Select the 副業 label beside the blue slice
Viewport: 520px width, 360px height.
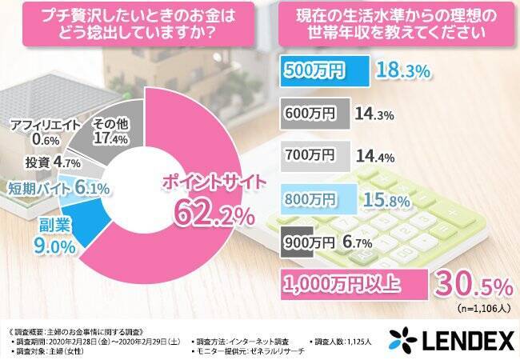(52, 227)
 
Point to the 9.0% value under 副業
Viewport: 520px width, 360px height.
(54, 247)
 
